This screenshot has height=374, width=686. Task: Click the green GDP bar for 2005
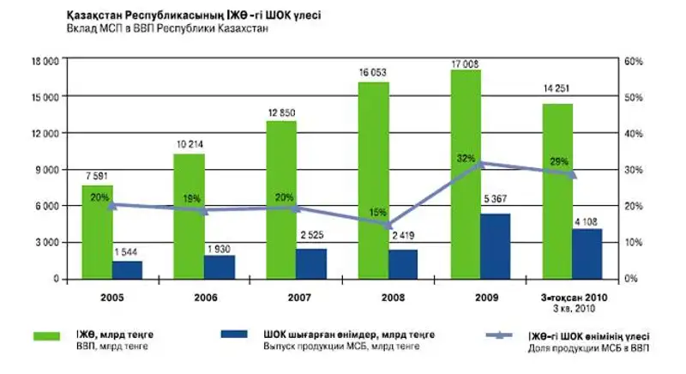(98, 232)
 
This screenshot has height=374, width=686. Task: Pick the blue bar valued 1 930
(220, 267)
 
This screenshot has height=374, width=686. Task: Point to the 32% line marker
(482, 163)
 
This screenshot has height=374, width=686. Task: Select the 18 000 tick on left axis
(44, 62)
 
